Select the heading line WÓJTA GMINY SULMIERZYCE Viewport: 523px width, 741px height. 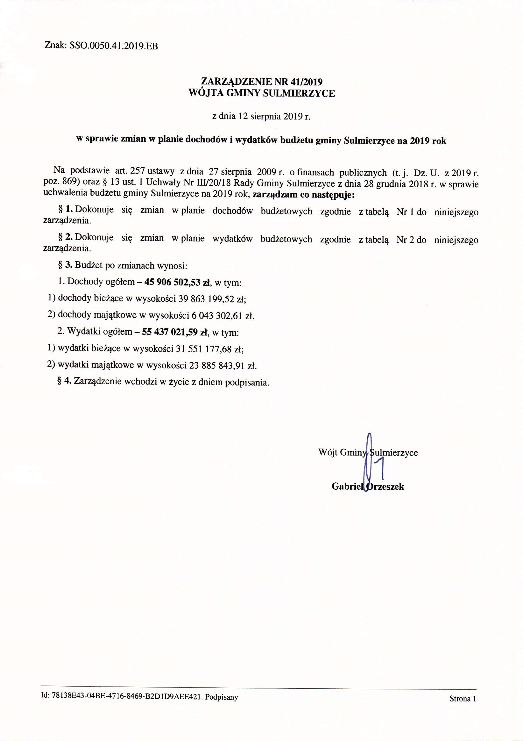pyautogui.click(x=262, y=94)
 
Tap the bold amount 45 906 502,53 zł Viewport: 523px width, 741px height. pyautogui.click(x=178, y=282)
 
